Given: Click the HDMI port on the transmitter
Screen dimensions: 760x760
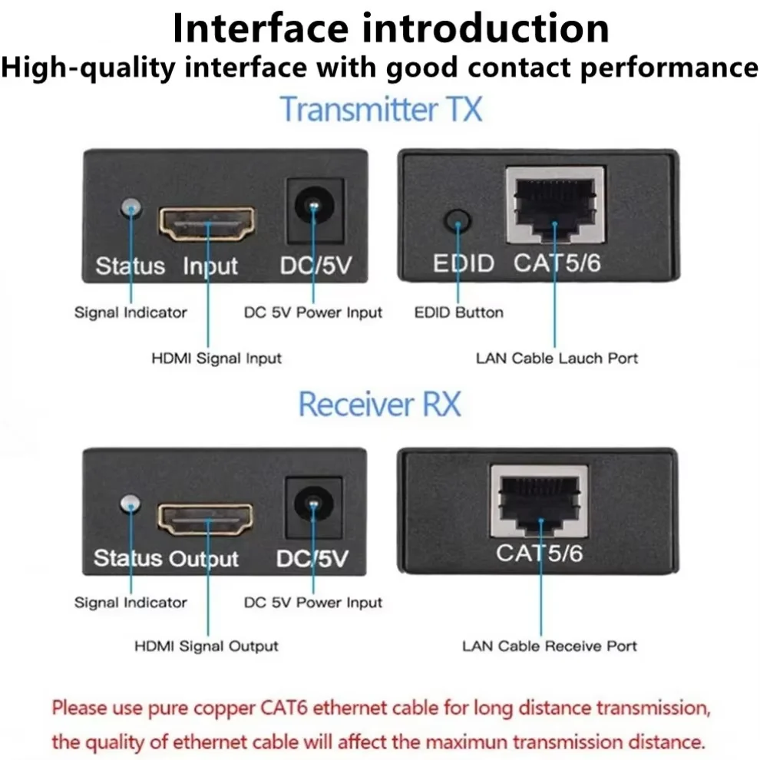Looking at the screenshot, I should [x=206, y=223].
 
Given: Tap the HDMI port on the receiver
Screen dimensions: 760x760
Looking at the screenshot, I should [x=205, y=520].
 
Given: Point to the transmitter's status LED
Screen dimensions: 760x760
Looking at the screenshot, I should [x=131, y=208].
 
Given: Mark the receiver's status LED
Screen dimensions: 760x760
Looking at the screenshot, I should [x=131, y=504].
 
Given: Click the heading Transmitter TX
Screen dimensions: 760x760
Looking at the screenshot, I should [x=381, y=108].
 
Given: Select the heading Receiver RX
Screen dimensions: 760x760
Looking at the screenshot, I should [x=379, y=404].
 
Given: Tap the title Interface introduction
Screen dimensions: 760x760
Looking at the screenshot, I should [x=391, y=28].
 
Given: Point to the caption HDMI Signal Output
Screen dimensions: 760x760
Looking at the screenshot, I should [x=207, y=646].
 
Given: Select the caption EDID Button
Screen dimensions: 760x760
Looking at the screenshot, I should [x=458, y=312].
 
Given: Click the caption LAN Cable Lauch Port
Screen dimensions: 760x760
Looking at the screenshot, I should [x=557, y=358].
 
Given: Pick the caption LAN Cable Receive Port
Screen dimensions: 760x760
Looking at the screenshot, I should [x=549, y=646].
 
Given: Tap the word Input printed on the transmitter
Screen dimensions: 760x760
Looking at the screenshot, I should [x=210, y=266].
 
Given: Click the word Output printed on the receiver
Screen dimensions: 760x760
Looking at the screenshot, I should [x=204, y=558].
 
